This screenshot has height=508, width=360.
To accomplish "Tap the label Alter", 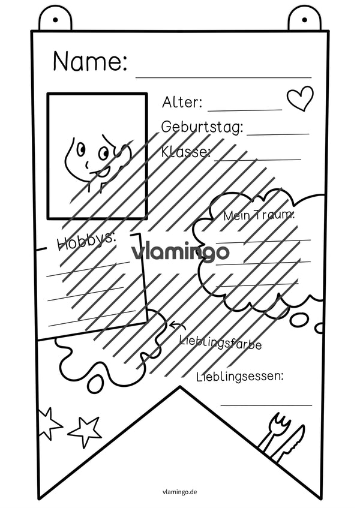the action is (182, 103).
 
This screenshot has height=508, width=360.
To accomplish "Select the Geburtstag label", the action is (202, 127).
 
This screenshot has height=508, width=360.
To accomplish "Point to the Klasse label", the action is (186, 151).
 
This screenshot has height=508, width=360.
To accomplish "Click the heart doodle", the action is (301, 98).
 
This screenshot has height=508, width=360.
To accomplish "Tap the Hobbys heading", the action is (86, 241).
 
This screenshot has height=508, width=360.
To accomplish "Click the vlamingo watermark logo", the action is (180, 253).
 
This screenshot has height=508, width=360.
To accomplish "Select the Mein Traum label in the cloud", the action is (259, 215).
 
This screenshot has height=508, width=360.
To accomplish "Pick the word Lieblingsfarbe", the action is (220, 342).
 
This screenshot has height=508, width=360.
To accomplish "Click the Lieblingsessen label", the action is (240, 376).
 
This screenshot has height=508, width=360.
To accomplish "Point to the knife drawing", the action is (290, 443).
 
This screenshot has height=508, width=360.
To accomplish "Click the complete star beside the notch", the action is (85, 430).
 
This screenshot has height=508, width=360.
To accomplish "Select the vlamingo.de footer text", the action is (180, 492).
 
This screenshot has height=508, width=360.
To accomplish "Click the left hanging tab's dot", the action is (55, 20).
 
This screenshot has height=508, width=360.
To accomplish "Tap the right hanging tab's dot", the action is (304, 20).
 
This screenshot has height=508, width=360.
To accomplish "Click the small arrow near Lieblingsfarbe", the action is (178, 324).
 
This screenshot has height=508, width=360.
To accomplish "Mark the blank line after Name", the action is (224, 78).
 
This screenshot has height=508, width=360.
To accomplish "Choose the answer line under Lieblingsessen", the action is (266, 405).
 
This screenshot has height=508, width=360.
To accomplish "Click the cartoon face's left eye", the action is (80, 148).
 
